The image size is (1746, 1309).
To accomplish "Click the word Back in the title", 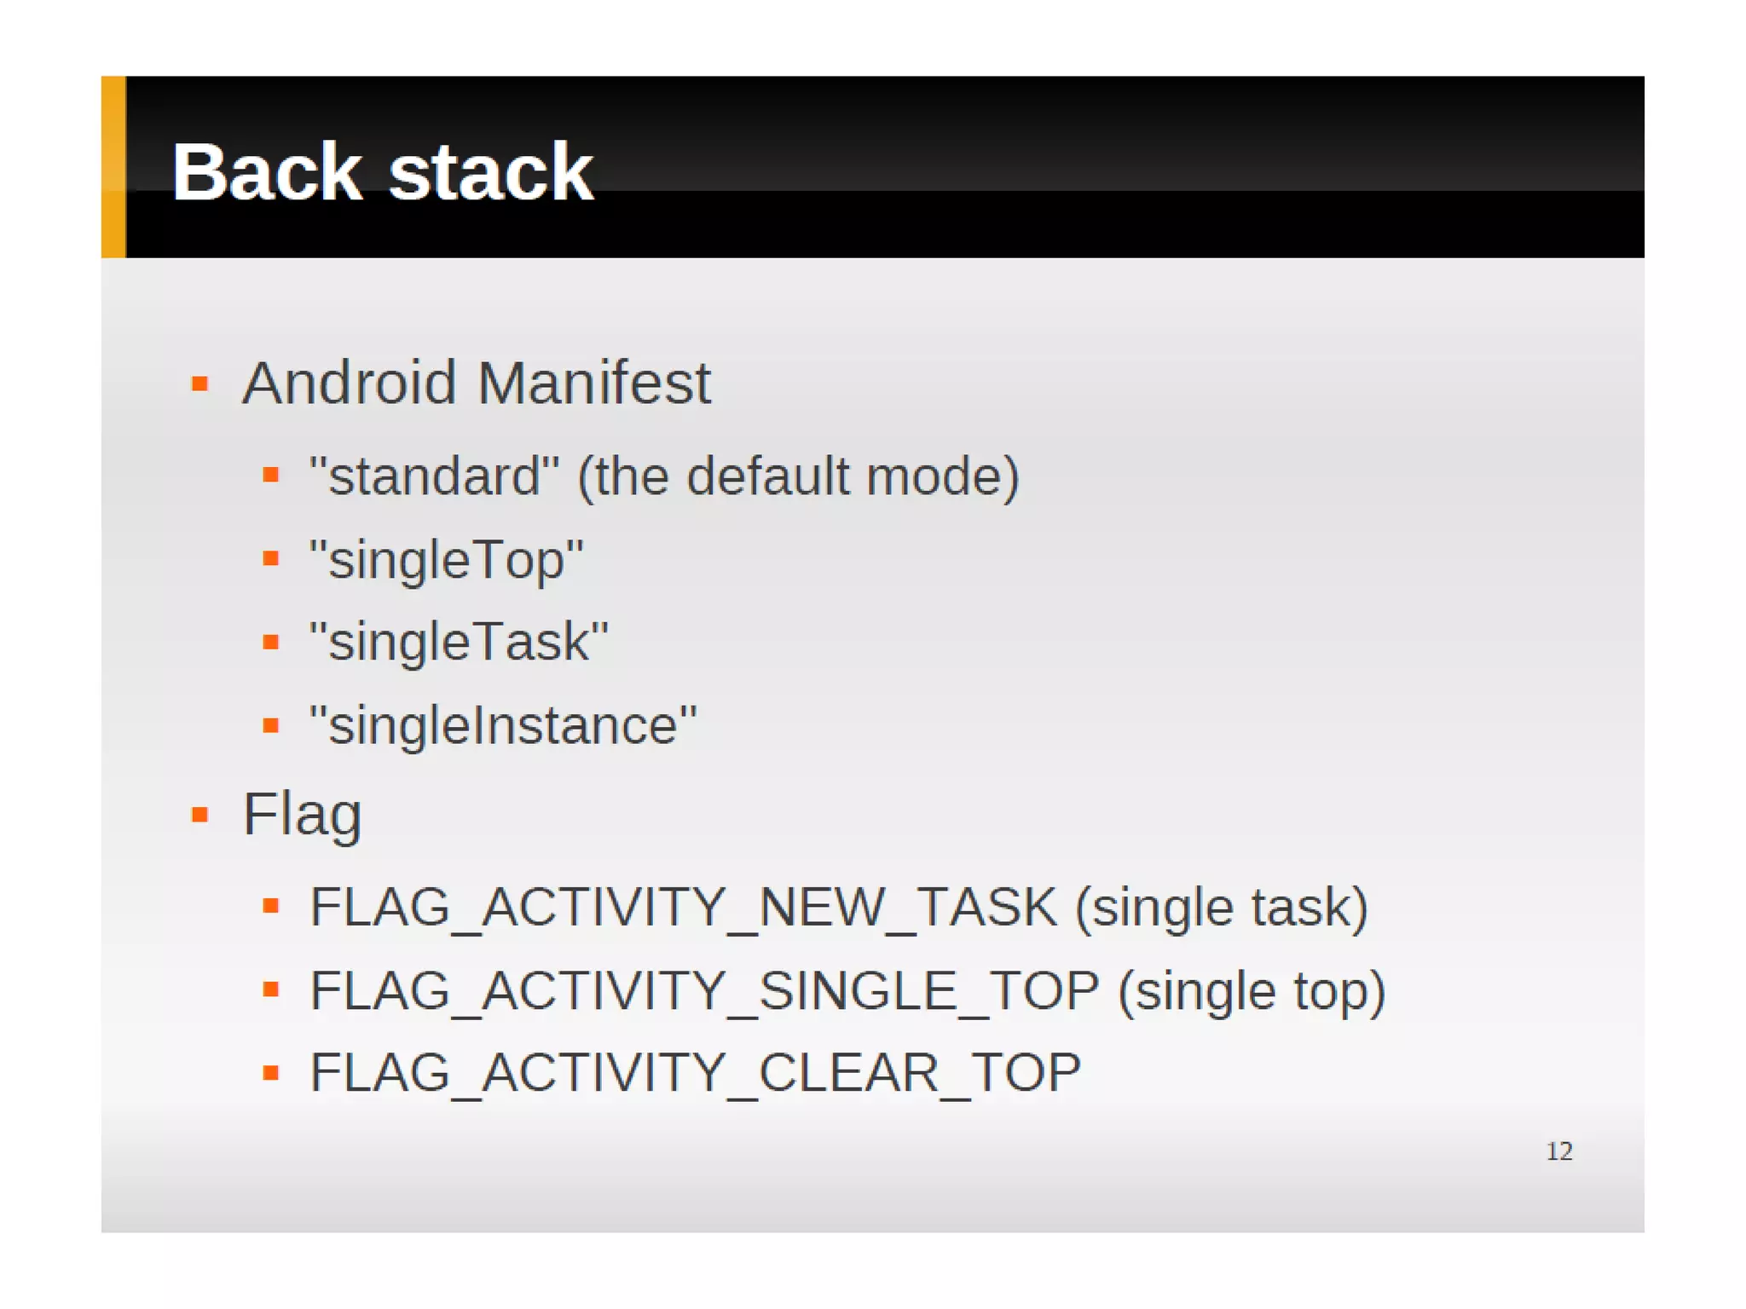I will (x=267, y=173).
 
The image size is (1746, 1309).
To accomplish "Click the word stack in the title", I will (x=490, y=173).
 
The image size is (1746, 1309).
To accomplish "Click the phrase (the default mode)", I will (x=798, y=476).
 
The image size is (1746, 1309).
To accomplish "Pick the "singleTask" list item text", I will (x=459, y=642).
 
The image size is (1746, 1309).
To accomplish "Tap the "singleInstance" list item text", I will (x=503, y=725).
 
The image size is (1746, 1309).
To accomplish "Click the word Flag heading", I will (x=303, y=815).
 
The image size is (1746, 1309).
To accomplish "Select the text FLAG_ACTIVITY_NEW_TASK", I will (x=683, y=907).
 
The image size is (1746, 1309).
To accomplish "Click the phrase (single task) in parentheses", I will (x=1221, y=907).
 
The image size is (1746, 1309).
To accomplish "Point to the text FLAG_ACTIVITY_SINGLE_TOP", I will (x=704, y=990).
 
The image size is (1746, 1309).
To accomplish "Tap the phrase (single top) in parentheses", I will (x=1252, y=990).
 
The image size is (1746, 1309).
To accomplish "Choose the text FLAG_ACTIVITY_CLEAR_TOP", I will (x=695, y=1072).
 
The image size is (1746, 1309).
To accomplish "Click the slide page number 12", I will (x=1559, y=1151).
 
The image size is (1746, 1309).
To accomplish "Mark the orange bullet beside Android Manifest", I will (x=200, y=384).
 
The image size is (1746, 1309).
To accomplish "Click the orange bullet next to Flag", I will (x=200, y=816).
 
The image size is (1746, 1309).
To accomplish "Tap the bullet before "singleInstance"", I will (x=271, y=726).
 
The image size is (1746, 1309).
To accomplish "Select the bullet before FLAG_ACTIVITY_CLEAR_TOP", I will (x=271, y=1073).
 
